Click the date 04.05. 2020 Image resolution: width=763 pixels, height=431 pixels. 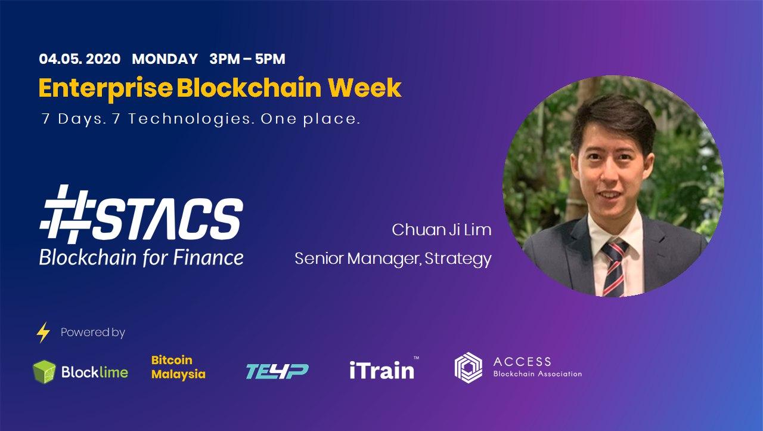80,59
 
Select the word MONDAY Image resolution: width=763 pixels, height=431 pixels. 165,59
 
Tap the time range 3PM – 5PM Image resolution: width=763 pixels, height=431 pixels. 247,59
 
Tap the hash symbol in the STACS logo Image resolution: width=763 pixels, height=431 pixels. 66,214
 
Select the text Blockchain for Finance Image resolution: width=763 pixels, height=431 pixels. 141,257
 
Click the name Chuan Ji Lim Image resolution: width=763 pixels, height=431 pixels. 442,230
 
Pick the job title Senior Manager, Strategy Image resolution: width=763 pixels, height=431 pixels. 393,259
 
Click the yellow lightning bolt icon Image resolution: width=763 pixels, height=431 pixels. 44,332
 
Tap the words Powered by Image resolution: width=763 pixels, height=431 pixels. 92,333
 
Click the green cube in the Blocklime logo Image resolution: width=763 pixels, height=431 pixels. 44,372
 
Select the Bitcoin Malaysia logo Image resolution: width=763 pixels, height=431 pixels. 178,367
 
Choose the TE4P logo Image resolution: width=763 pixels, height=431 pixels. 277,371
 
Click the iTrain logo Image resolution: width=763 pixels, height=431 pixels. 384,370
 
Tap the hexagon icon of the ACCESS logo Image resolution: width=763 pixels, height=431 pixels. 469,368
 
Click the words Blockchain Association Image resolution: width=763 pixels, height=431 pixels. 538,374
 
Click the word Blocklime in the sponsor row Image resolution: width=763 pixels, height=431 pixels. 94,372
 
